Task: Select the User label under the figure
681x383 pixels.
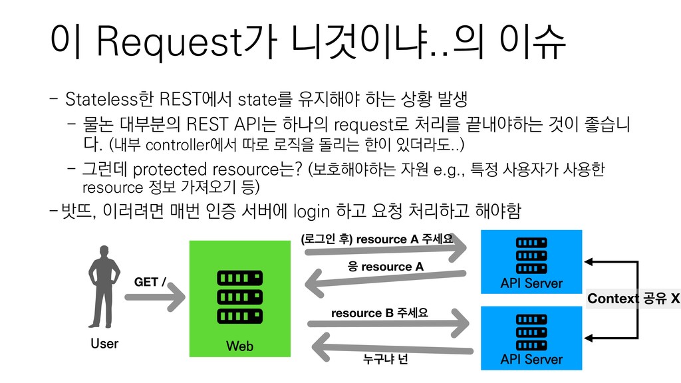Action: tap(104, 343)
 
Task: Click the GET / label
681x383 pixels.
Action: tap(150, 282)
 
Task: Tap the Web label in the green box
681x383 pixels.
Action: tap(239, 346)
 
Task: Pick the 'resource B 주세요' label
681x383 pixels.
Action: tap(379, 312)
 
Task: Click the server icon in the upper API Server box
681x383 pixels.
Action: tap(531, 253)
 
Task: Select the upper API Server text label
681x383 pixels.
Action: tap(531, 283)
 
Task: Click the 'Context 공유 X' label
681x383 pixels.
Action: tap(633, 299)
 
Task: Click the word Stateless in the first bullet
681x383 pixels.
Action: tap(102, 100)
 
